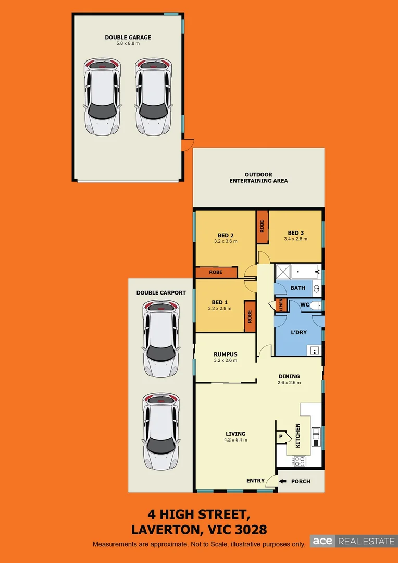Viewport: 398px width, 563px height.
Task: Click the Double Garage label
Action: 128,37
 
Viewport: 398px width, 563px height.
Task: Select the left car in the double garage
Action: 102,97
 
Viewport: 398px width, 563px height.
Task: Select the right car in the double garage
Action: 153,97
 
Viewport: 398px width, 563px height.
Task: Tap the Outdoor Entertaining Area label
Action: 258,178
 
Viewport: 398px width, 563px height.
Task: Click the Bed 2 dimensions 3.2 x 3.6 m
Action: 225,241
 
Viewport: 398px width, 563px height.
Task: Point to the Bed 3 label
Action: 295,233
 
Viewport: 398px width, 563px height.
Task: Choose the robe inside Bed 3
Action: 262,227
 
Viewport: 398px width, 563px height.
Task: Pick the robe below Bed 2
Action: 216,273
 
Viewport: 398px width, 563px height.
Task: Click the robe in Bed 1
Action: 250,316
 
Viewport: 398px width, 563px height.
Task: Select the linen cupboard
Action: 281,305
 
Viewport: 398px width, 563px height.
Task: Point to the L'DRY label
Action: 298,332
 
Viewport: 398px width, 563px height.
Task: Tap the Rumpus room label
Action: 225,354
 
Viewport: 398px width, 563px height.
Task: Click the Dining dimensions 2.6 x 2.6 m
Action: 289,383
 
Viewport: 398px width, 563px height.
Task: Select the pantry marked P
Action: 281,436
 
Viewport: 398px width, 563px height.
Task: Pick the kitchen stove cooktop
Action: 300,460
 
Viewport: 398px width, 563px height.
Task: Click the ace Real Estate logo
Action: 353,541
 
